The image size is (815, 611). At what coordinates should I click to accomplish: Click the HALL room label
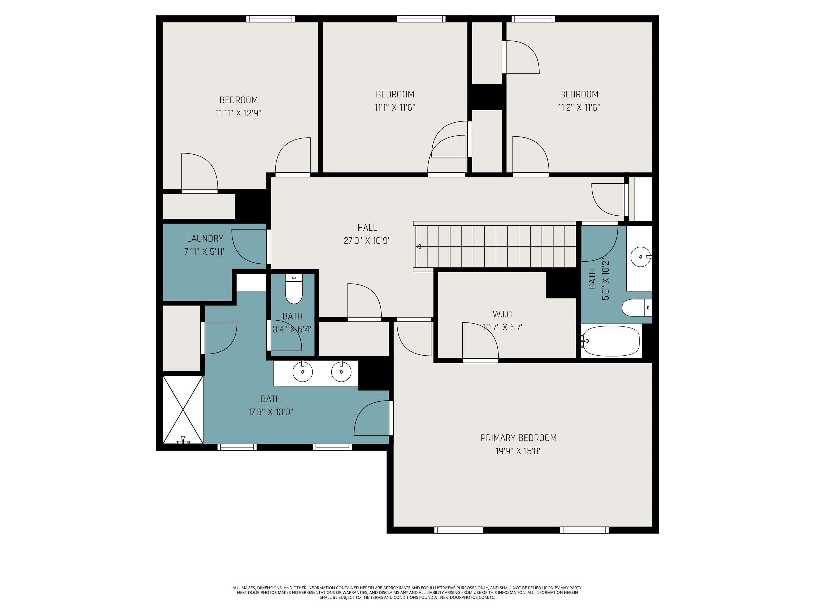(x=367, y=228)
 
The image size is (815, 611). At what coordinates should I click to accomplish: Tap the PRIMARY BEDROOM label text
(x=518, y=438)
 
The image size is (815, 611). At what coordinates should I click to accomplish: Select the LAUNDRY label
(x=205, y=239)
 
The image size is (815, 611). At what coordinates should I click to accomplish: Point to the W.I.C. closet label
(x=503, y=314)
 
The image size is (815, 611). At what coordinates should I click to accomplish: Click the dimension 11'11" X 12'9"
(x=239, y=113)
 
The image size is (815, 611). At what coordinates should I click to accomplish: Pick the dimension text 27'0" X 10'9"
(x=367, y=241)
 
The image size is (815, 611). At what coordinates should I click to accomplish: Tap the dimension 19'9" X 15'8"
(x=518, y=451)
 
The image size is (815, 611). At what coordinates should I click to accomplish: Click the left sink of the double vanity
(x=302, y=372)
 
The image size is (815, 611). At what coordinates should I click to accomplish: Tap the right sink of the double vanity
(x=341, y=372)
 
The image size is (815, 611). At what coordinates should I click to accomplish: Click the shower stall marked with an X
(x=183, y=409)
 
